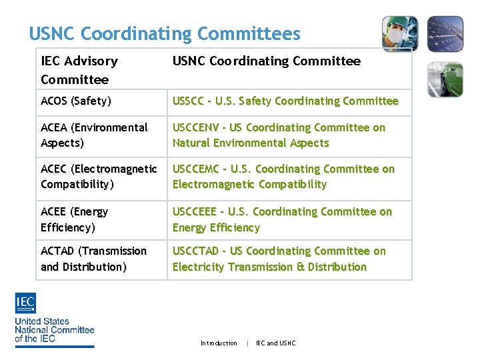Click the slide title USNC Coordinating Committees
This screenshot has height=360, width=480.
165,33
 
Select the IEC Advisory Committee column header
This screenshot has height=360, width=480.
79,70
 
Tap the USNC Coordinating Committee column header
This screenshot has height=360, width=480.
266,61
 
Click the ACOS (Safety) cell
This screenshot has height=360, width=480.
76,101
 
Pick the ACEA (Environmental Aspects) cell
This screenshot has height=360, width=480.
94,135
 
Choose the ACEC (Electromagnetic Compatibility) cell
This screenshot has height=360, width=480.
99,176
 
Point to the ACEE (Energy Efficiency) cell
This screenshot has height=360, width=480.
74,219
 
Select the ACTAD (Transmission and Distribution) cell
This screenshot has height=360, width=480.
93,259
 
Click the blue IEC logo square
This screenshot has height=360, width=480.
25,303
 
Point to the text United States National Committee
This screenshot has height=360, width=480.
55,330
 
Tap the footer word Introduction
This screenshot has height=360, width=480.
219,343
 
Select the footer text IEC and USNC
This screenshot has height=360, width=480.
276,343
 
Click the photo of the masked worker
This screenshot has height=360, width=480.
400,33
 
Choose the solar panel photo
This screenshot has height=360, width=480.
445,33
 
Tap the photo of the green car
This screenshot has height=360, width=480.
445,79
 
